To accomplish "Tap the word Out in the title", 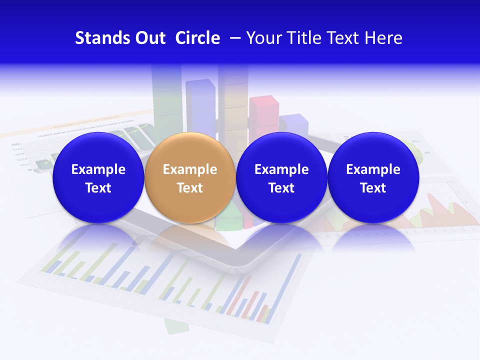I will pyautogui.click(x=148, y=38).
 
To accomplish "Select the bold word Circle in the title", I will pyautogui.click(x=197, y=38).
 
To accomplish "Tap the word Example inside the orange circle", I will pyautogui.click(x=189, y=169).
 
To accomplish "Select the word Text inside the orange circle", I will pyautogui.click(x=189, y=188).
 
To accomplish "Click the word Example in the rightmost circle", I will pyautogui.click(x=373, y=169).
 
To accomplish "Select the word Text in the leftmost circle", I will pyautogui.click(x=98, y=188).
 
